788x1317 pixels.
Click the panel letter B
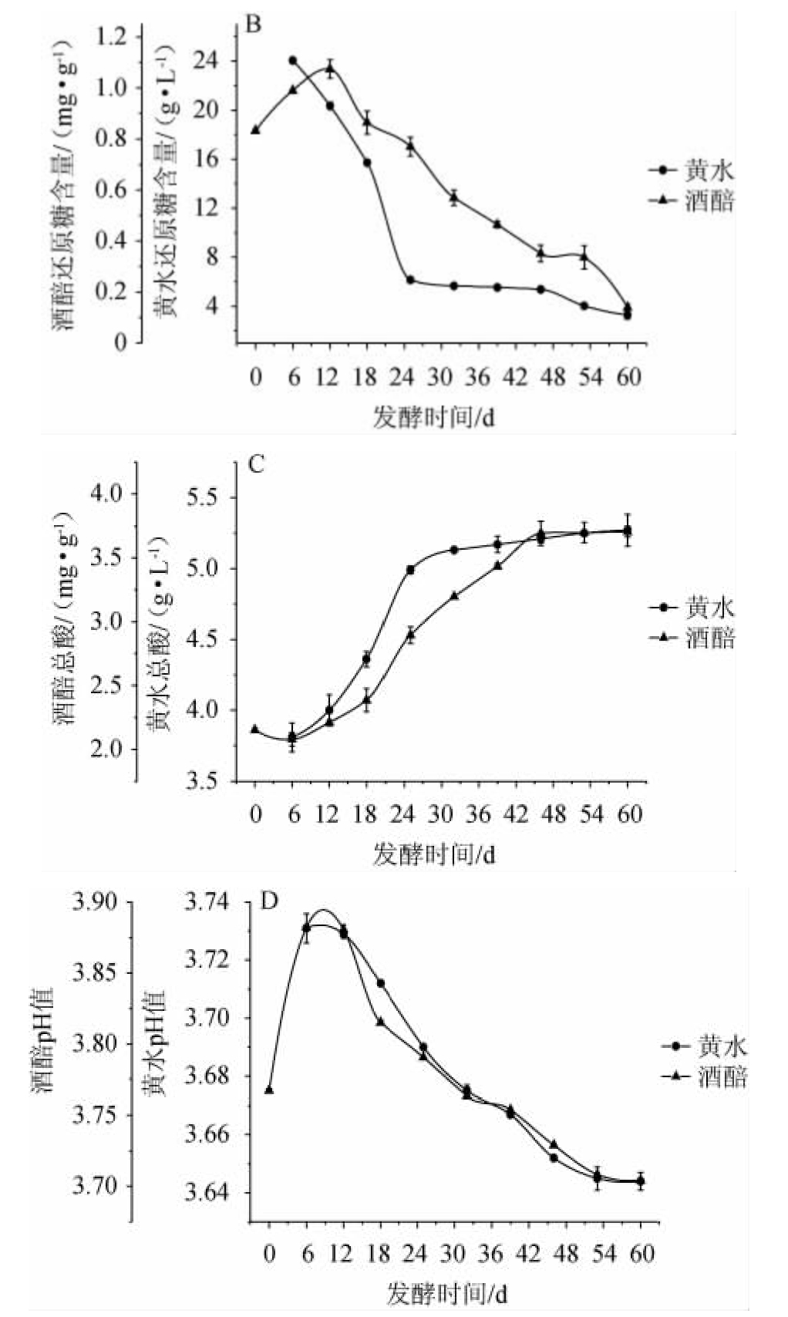(x=253, y=25)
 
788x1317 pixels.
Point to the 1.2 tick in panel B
(x=111, y=35)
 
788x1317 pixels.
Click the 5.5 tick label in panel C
(x=204, y=497)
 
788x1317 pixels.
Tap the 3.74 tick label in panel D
(x=207, y=901)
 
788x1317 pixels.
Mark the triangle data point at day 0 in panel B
(x=255, y=130)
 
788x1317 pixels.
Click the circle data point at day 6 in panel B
(x=292, y=60)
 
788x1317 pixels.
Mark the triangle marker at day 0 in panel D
(x=269, y=1090)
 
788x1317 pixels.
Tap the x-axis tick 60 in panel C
(x=629, y=814)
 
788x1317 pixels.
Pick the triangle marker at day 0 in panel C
(x=255, y=729)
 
